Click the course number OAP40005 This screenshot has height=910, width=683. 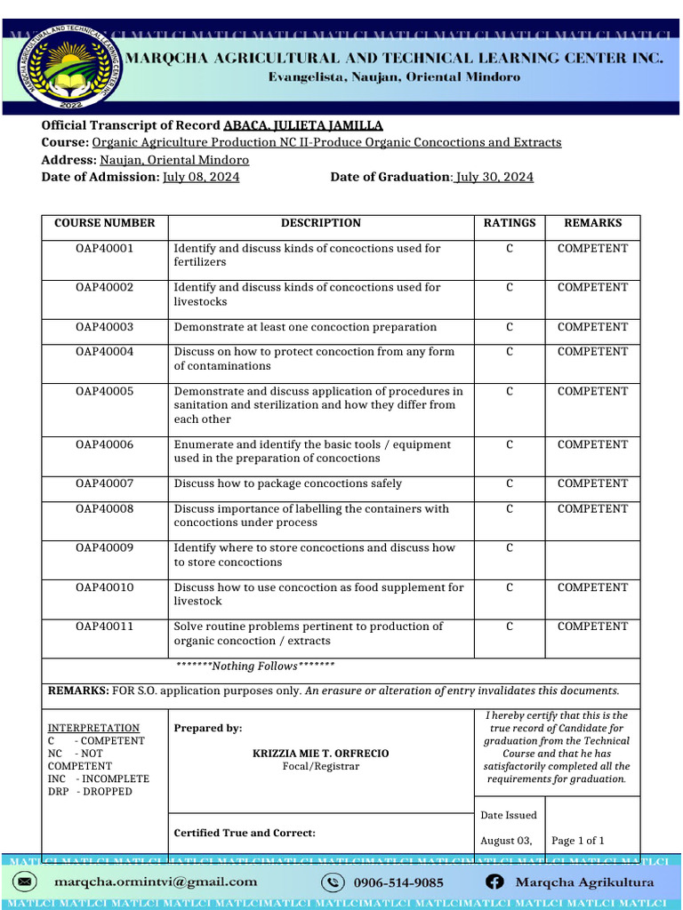point(105,391)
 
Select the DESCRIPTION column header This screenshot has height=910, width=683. point(321,223)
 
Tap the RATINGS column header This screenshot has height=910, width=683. point(510,223)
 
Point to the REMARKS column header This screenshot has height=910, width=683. point(592,223)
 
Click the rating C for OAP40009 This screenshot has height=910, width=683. point(510,548)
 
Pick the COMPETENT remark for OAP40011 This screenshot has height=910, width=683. point(592,627)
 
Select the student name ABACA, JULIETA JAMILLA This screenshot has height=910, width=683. point(303,125)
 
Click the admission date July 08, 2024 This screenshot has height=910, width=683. point(201,177)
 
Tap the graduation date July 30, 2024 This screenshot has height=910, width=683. point(494,177)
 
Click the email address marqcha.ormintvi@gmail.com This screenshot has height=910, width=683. point(156,882)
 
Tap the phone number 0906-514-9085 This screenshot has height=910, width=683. point(398,882)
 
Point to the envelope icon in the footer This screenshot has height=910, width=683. point(26,882)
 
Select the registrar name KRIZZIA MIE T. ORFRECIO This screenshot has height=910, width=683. point(320,754)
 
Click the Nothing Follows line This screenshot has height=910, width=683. point(254,667)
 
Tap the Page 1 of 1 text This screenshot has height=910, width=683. point(578,841)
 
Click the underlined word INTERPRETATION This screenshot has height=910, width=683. point(93,728)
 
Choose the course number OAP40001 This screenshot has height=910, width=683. point(105,249)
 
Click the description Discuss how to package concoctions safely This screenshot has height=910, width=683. point(287,483)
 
